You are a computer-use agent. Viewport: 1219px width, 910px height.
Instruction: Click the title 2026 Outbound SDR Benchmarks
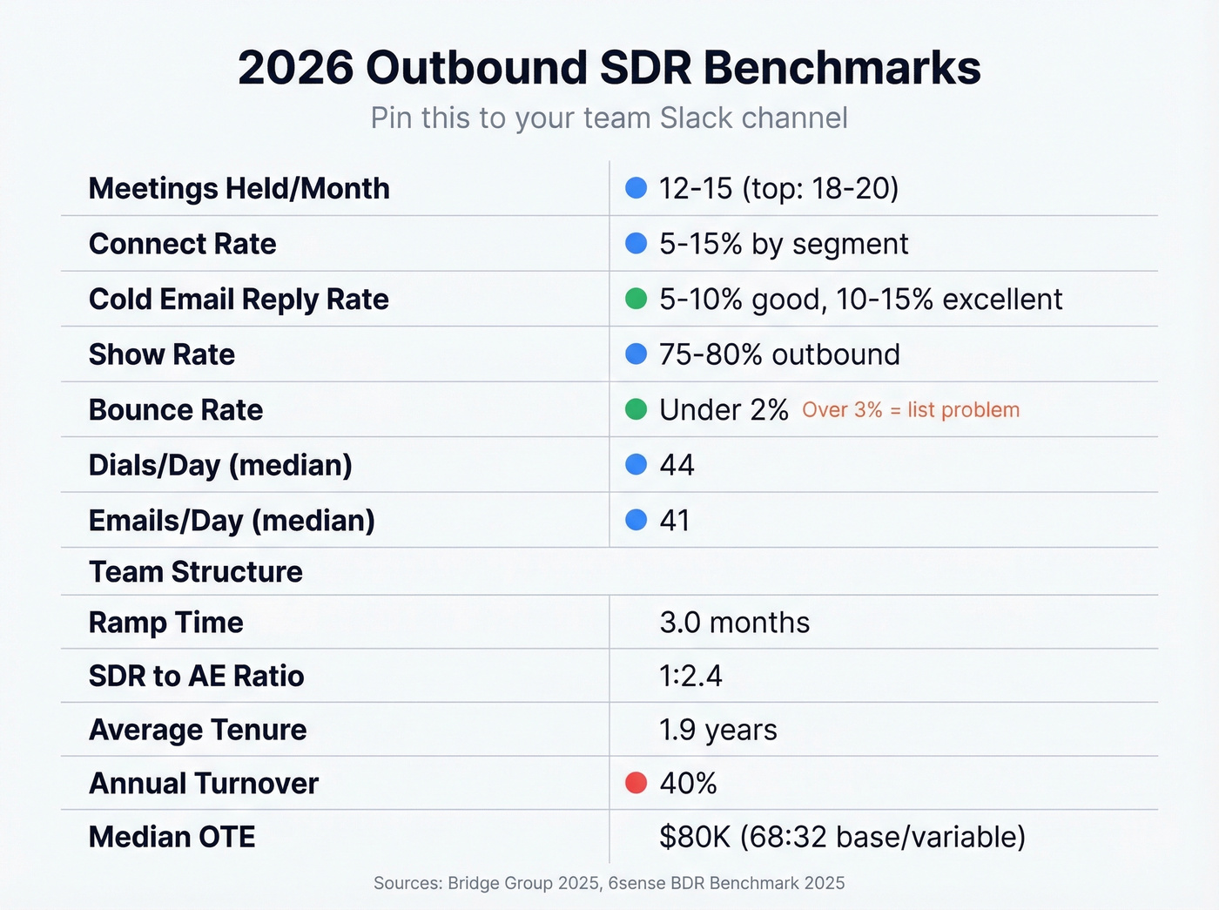pyautogui.click(x=609, y=68)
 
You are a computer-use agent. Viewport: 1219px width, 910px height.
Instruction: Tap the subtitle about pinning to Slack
pyautogui.click(x=609, y=118)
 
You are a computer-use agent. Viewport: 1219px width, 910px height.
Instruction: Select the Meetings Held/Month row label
pyautogui.click(x=239, y=188)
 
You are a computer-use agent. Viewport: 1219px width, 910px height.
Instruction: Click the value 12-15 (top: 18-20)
pyautogui.click(x=778, y=188)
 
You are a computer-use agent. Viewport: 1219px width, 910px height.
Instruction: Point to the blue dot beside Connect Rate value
pyautogui.click(x=636, y=243)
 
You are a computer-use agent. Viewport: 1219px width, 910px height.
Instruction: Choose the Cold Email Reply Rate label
pyautogui.click(x=239, y=299)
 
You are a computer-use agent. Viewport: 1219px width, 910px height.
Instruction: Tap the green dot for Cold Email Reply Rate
pyautogui.click(x=636, y=299)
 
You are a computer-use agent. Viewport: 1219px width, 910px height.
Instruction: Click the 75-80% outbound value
pyautogui.click(x=779, y=354)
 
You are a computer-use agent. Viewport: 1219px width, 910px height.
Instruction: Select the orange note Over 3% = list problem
pyautogui.click(x=910, y=410)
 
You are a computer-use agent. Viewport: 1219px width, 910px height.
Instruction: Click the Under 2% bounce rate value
pyautogui.click(x=724, y=409)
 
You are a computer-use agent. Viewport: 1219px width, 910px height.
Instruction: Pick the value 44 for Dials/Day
pyautogui.click(x=677, y=465)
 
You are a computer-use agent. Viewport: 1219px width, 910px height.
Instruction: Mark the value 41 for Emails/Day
pyautogui.click(x=675, y=520)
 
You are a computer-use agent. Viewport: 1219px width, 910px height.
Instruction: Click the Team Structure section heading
pyautogui.click(x=196, y=571)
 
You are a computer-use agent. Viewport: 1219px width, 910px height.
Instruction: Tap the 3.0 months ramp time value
pyautogui.click(x=734, y=623)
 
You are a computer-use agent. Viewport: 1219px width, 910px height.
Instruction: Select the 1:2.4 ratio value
pyautogui.click(x=690, y=676)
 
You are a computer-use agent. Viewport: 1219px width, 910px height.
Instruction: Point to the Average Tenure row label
pyautogui.click(x=198, y=730)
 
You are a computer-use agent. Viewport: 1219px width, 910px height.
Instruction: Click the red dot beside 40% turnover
pyautogui.click(x=636, y=783)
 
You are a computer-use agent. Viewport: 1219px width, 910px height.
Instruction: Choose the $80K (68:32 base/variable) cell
pyautogui.click(x=842, y=837)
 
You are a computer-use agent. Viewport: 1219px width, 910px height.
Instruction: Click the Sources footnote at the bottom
pyautogui.click(x=609, y=883)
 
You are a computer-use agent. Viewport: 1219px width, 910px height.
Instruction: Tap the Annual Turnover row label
pyautogui.click(x=204, y=783)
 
